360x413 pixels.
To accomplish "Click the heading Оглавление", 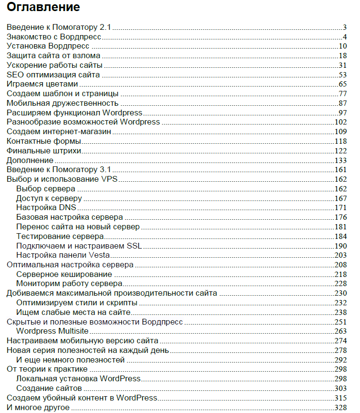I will [43, 8].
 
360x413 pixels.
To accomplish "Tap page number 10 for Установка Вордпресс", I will [342, 46].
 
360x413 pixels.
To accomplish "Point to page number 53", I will [342, 75].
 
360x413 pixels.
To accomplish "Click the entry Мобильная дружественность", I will [62, 103].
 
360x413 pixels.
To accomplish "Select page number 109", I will [340, 131].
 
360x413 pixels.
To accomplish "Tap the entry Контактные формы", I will [44, 141].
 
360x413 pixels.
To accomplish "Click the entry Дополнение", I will [30, 160].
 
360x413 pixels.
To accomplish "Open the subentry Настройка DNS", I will [46, 207].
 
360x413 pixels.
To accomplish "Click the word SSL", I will [134, 245].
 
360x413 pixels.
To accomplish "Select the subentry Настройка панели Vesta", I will [63, 255].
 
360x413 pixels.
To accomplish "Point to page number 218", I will [340, 274].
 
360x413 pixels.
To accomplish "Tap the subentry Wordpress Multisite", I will [53, 331].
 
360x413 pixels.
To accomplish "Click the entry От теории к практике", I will [47, 369].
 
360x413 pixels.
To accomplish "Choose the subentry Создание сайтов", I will [49, 388].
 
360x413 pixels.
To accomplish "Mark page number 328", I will [340, 407].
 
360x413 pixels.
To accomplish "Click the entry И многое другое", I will [38, 407].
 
